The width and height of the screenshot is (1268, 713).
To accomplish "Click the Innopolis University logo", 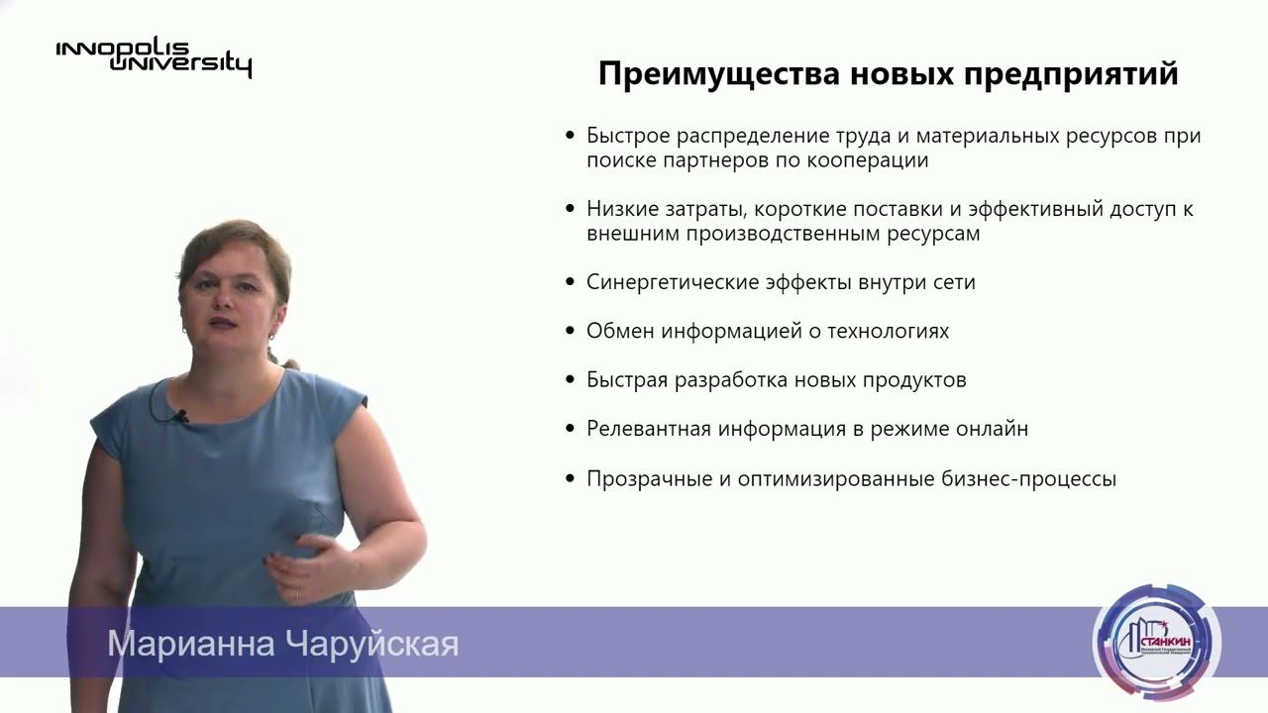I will click(154, 57).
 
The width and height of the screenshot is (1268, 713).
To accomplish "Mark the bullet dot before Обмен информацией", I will click(570, 332).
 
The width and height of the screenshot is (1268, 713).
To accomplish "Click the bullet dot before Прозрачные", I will click(570, 479).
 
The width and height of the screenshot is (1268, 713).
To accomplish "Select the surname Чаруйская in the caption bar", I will click(372, 644).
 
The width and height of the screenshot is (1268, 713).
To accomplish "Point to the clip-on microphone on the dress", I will click(178, 417).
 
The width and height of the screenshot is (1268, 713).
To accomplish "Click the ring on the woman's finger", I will click(297, 591).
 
